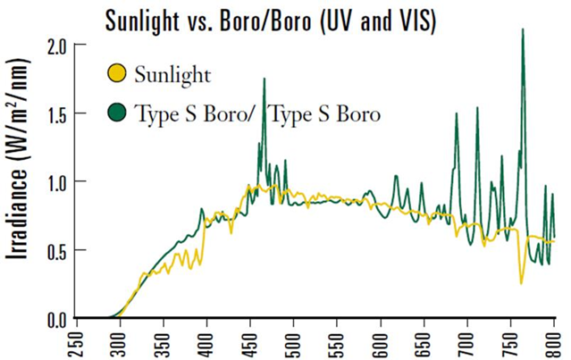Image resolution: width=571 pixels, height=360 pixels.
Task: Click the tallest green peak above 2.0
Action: pos(523,30)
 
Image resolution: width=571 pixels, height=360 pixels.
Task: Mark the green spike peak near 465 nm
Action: pos(265,80)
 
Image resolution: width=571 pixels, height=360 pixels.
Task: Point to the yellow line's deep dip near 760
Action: pos(521,283)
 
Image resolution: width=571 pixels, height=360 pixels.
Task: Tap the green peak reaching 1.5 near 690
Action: pos(457,114)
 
